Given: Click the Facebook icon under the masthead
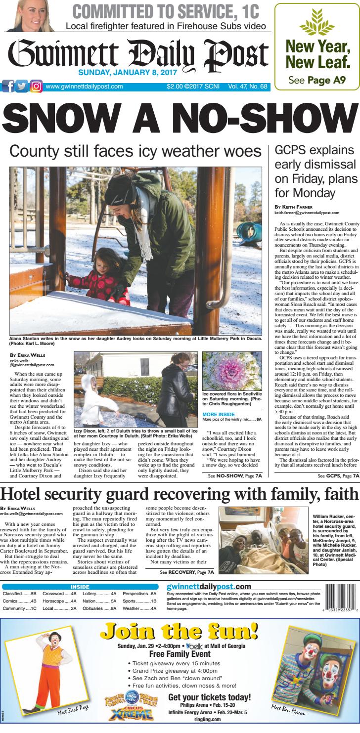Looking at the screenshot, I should point(9,86).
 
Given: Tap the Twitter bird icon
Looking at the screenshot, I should point(22,86).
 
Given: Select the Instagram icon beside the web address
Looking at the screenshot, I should point(36,86).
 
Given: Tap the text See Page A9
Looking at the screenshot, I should point(316,80).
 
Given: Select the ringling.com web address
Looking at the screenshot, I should point(210,721).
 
